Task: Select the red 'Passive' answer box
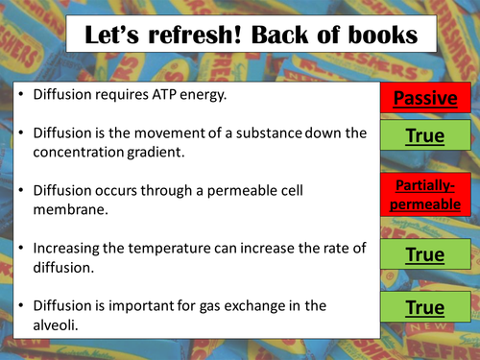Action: coord(423,99)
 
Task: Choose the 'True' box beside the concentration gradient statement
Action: coord(423,137)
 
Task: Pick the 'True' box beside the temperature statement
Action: coord(423,255)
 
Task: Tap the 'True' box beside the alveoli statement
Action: coord(423,308)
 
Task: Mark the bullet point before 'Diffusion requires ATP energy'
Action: coord(20,97)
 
